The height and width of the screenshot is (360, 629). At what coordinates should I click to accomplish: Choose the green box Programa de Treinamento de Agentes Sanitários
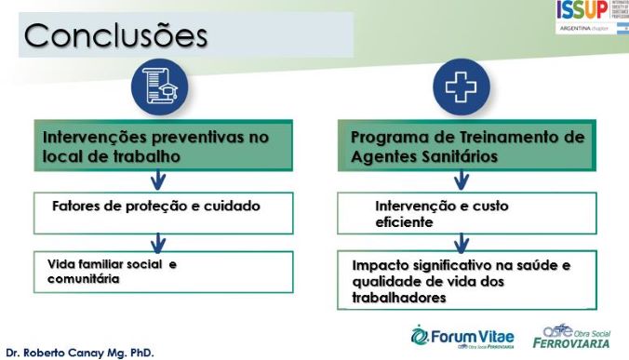pos(467,147)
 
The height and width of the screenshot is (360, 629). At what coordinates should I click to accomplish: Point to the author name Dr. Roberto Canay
pos(79,353)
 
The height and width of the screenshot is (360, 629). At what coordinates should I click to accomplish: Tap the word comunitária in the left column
pos(84,277)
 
